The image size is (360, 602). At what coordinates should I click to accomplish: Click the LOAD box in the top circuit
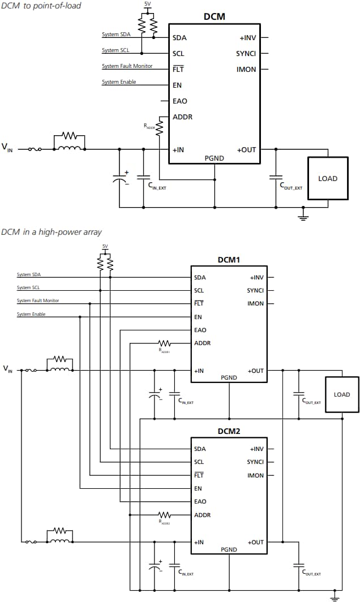tap(327, 178)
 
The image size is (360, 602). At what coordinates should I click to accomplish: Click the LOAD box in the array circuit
tap(341, 394)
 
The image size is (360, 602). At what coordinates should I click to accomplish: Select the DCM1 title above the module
tap(229, 260)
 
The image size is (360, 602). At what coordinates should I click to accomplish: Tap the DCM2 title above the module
tap(229, 431)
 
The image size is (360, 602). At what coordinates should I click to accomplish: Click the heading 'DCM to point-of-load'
tap(41, 6)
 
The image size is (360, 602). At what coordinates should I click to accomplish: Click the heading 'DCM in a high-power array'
tap(52, 232)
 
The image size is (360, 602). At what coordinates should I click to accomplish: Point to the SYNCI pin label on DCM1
tap(255, 290)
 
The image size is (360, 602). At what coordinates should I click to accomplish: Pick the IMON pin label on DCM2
tap(255, 475)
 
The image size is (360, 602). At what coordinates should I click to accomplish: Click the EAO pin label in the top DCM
tap(179, 101)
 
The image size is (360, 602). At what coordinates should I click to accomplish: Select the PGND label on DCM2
tap(229, 549)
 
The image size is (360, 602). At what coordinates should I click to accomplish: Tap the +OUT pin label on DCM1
tap(256, 371)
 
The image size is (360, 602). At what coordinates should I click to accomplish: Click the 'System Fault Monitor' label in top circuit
tap(127, 66)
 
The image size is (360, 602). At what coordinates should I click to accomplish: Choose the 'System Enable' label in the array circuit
tap(31, 314)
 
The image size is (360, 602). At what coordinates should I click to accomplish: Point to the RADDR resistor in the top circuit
tap(160, 126)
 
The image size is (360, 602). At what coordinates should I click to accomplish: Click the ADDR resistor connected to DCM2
tap(165, 515)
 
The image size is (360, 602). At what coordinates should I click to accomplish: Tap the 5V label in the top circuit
tap(148, 3)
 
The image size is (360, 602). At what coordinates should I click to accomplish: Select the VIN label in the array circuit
tap(7, 369)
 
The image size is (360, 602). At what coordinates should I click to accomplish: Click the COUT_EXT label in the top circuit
tap(291, 186)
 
